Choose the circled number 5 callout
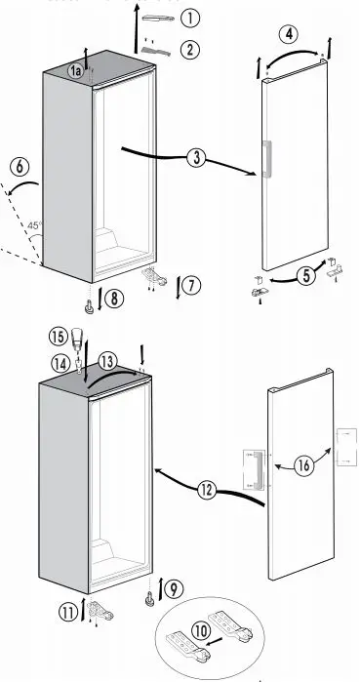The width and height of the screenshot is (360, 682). (306, 276)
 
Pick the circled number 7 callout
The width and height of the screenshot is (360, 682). (191, 285)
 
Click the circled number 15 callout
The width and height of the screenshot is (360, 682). (55, 338)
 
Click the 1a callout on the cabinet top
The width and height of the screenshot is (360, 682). (76, 70)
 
